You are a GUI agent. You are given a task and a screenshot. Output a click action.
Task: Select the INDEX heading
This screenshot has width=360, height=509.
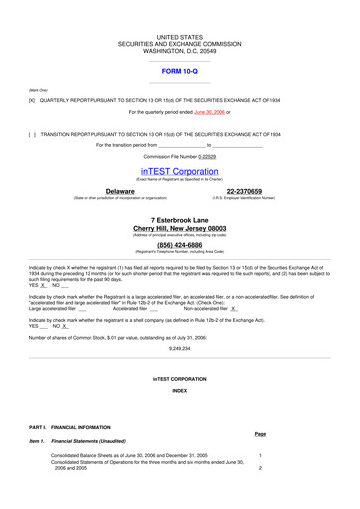pos(180,391)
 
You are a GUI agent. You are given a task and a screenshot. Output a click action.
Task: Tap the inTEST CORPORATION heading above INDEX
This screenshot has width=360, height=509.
pos(180,379)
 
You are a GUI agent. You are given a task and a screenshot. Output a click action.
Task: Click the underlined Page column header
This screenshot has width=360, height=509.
pos(260,433)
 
